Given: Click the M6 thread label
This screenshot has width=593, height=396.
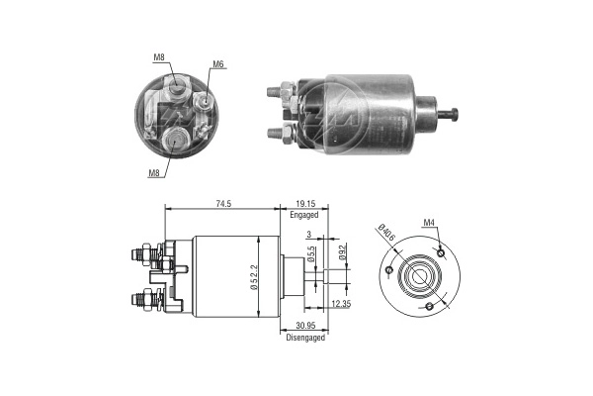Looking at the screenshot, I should coord(217,65).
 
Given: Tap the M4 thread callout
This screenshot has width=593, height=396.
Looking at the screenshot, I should coord(430,223).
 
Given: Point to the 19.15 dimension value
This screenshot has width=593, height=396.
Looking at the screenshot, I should coord(303,204).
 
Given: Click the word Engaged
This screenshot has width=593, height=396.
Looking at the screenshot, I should coord(303,215).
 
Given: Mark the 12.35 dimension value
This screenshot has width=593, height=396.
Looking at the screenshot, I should coord(340,303).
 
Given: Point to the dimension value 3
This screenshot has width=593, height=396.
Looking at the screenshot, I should coord(308,235).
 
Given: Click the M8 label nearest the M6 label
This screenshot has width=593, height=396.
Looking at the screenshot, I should coord(159,57).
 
